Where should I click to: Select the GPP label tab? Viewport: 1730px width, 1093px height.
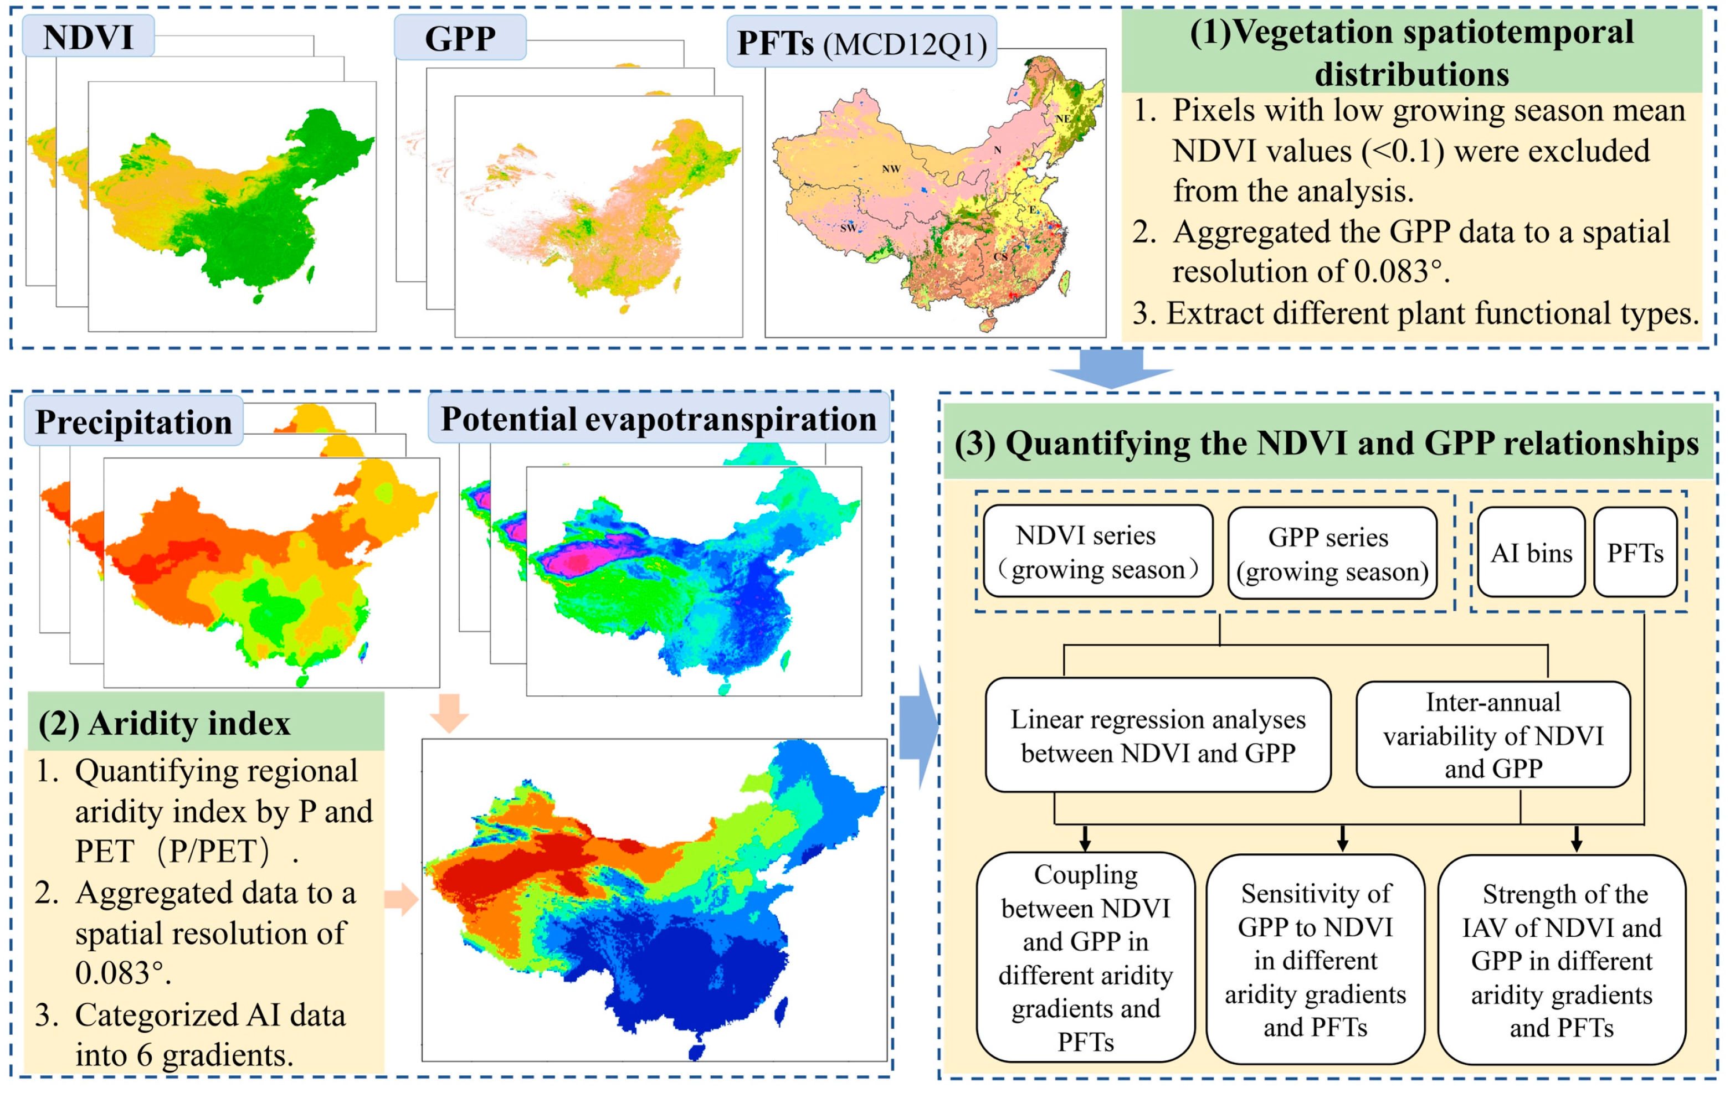pyautogui.click(x=460, y=38)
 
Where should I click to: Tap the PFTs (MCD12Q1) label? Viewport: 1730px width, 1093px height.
pyautogui.click(x=861, y=43)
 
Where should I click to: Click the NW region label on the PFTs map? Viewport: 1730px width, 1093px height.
pyautogui.click(x=891, y=169)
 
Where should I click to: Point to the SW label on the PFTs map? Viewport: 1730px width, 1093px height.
pyautogui.click(x=849, y=228)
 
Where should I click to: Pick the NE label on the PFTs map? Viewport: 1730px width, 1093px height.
pyautogui.click(x=1062, y=118)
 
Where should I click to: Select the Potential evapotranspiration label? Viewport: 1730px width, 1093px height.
pyautogui.click(x=658, y=418)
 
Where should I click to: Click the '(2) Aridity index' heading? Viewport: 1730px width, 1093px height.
pyautogui.click(x=165, y=723)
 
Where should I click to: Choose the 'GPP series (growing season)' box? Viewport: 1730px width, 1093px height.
pyautogui.click(x=1332, y=554)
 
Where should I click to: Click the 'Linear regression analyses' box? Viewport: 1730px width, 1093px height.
pyautogui.click(x=1157, y=735)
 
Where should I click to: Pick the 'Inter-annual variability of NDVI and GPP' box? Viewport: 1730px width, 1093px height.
pyautogui.click(x=1493, y=735)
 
